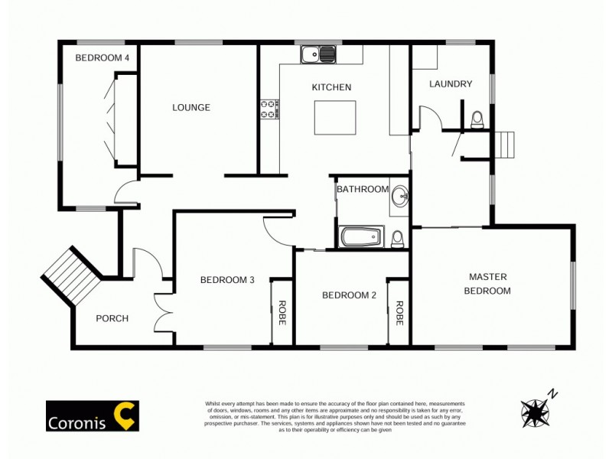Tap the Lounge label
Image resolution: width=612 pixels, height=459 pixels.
pos(190,108)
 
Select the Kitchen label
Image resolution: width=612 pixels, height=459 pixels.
pos(331,87)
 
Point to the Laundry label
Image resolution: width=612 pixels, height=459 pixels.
pos(451,84)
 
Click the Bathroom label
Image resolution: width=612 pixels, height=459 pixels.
pos(363,189)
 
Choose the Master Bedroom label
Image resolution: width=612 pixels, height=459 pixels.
pos(490,283)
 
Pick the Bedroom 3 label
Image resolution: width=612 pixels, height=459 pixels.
pos(227,280)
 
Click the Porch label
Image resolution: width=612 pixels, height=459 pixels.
pos(112,318)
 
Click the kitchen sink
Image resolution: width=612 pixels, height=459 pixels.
pos(318,54)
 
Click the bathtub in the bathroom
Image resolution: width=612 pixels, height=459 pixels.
pos(362,236)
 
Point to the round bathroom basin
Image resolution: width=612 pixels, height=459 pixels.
pos(400,197)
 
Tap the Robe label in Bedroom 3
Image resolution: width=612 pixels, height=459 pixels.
pos(282,313)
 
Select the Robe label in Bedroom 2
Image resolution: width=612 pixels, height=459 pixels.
pos(399,313)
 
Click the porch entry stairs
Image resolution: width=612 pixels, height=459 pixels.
pos(71,276)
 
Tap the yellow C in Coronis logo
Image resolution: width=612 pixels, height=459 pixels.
pos(125,415)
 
